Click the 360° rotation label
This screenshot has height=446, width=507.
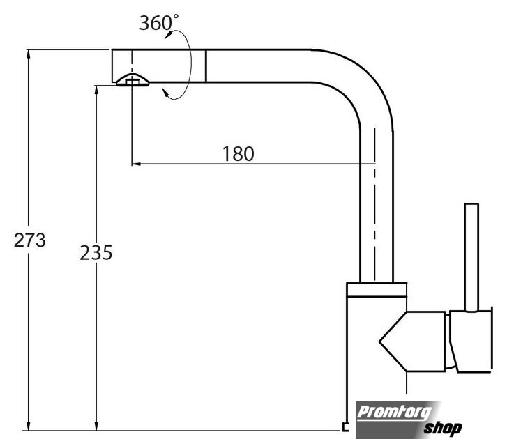tap(158, 22)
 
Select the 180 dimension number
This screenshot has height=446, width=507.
tap(239, 154)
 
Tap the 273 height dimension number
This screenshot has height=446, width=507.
tap(30, 240)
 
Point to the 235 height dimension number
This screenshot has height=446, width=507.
tap(96, 252)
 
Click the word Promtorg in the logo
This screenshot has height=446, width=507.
tap(394, 412)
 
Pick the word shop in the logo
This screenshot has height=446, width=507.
tap(443, 428)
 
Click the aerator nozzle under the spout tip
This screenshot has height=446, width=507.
tap(133, 80)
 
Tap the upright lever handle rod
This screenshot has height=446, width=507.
tap(471, 258)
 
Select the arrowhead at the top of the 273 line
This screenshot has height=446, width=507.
tap(29, 54)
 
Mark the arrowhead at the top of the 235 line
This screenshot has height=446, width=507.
tap(96, 90)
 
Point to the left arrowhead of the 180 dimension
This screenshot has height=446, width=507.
tap(136, 164)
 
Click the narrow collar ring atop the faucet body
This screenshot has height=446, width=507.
tap(377, 290)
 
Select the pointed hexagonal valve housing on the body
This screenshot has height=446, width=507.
tap(412, 341)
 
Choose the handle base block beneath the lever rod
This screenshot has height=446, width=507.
tap(471, 341)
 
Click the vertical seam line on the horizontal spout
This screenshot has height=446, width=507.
tap(205, 66)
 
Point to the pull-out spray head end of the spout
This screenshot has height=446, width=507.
tap(158, 66)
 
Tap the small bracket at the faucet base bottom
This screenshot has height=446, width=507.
tap(345, 427)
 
